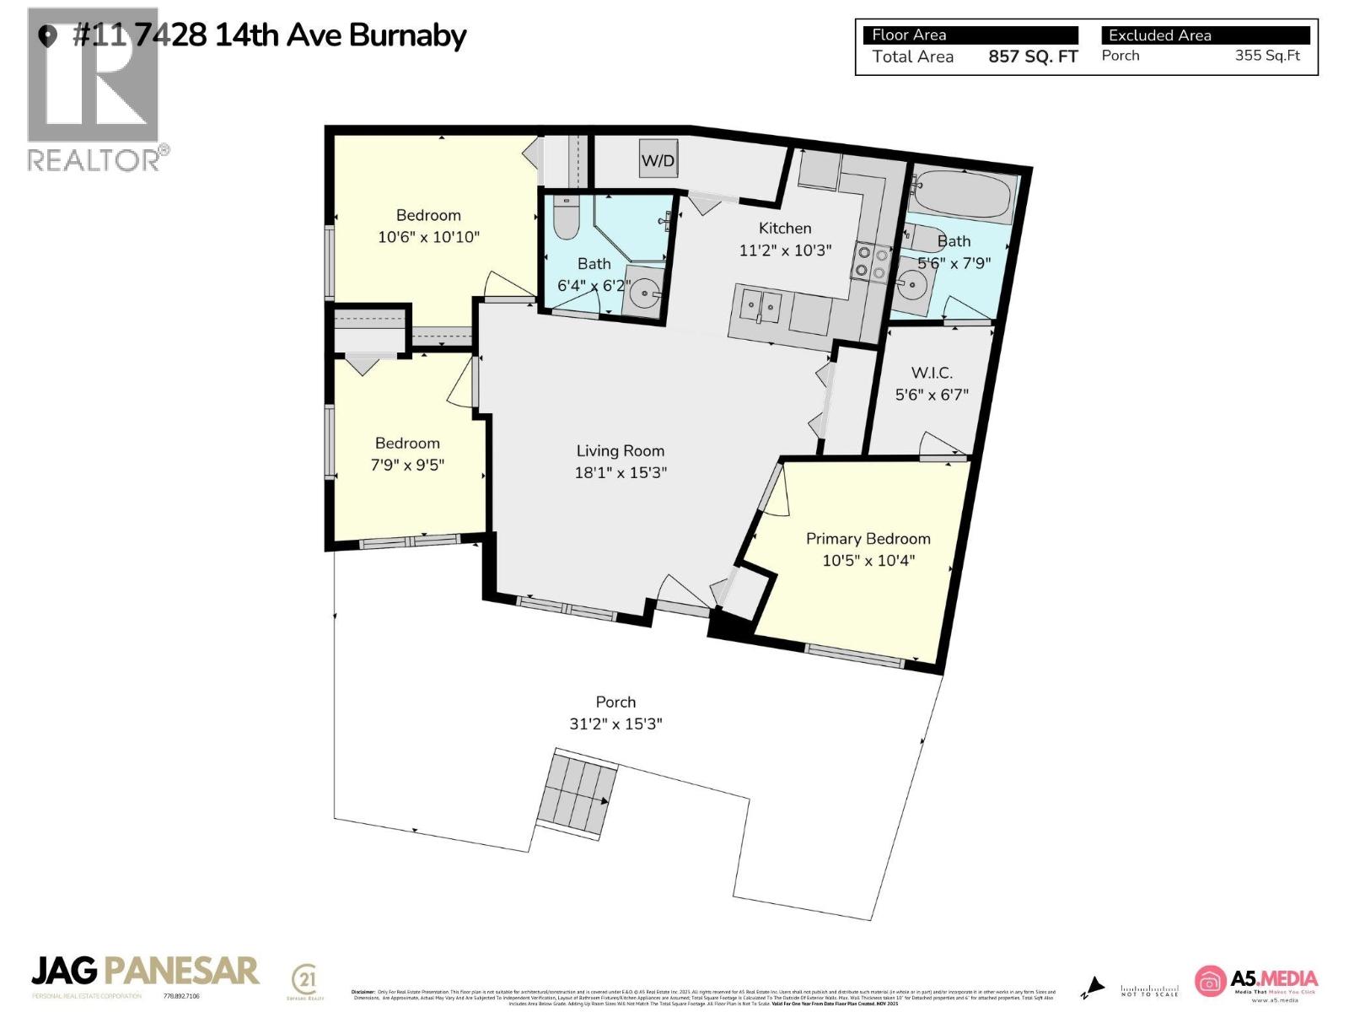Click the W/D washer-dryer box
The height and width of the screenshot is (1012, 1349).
point(658,160)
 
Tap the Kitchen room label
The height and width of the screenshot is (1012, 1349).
point(785,229)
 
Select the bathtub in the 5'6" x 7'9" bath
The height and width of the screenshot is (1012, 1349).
point(963,196)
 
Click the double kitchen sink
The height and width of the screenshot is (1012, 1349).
point(760,306)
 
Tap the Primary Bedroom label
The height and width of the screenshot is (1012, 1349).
point(868,539)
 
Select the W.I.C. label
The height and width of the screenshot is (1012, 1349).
point(932,373)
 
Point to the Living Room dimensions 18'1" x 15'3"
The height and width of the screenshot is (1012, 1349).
point(621,473)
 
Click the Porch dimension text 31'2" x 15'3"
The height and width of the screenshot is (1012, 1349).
point(615,724)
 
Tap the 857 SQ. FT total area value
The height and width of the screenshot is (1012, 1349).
point(1033,57)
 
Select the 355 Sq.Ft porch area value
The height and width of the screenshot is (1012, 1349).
point(1267,56)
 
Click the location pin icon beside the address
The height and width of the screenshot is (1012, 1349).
point(48,36)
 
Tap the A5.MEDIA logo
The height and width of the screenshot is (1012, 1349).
point(1256,981)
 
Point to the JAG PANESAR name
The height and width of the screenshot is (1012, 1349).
point(145,971)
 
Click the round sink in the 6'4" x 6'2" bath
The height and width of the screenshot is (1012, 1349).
point(646,294)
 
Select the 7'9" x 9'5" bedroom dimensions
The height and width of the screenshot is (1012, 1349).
point(407,465)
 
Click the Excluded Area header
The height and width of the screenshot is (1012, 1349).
point(1159,35)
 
